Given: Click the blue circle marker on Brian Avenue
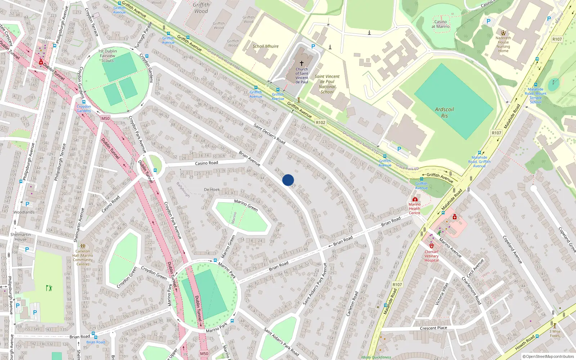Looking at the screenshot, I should [288, 180].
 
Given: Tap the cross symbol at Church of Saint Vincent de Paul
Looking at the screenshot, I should [302, 63].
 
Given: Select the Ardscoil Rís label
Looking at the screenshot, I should [444, 112].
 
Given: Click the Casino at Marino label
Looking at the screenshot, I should [441, 24].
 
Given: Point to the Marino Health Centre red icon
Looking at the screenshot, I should [415, 199].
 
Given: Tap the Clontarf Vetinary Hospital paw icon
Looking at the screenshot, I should [432, 246].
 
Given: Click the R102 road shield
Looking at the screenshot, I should [320, 122].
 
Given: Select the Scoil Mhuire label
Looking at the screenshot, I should [265, 46].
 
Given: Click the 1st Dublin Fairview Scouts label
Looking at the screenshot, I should [108, 56].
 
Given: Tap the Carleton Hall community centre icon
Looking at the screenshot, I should [83, 246].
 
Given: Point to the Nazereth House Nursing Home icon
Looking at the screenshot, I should [503, 33].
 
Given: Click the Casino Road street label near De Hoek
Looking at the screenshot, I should [206, 163].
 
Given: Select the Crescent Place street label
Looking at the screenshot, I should [433, 328].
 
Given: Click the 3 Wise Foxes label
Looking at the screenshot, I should [555, 333].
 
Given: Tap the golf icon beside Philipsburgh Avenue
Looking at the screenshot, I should [49, 288].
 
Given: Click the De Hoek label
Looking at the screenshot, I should [212, 189].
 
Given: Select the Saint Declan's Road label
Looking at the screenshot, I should [269, 134].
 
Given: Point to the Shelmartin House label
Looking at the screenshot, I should [21, 237].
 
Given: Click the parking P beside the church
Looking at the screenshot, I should [313, 46].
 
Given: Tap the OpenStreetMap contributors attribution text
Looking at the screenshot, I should [549, 356].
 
